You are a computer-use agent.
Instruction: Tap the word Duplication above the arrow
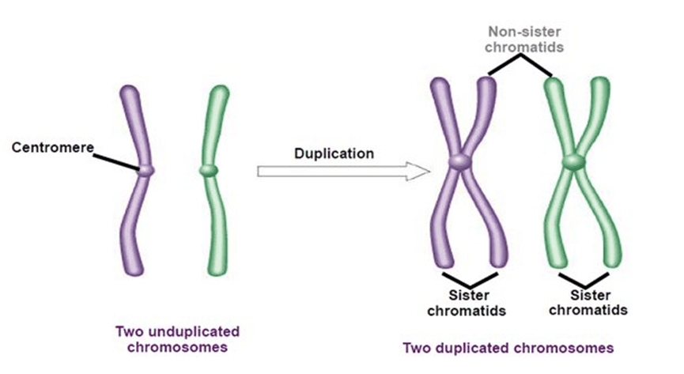click(334, 153)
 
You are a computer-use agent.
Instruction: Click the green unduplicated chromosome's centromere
click(208, 169)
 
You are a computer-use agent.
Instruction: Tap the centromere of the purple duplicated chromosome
click(459, 161)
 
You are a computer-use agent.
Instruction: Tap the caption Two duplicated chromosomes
click(508, 347)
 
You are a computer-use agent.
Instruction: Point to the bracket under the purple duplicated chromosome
click(470, 281)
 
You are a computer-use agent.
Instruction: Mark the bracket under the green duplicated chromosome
click(587, 280)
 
